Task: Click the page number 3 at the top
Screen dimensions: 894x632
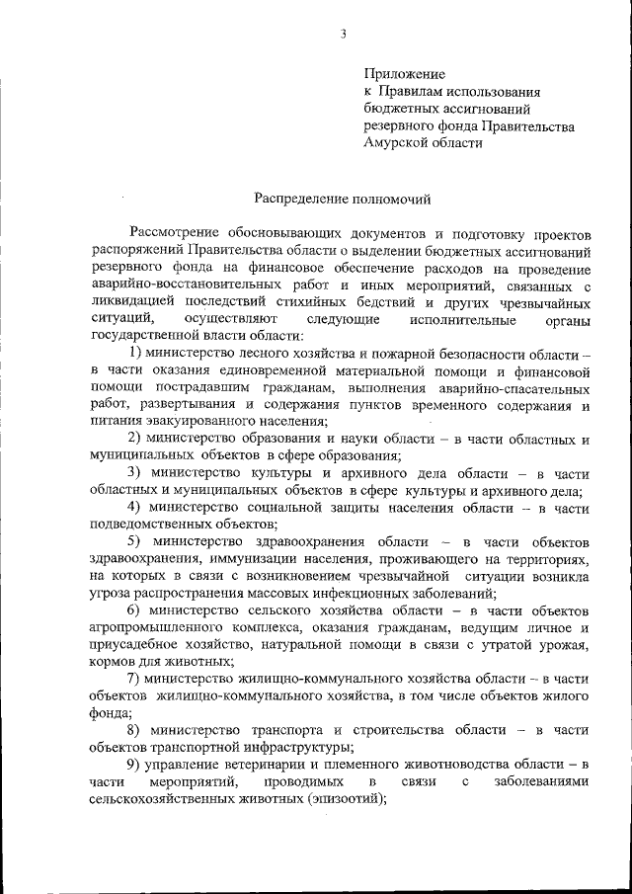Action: pyautogui.click(x=343, y=35)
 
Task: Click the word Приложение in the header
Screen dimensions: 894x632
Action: pyautogui.click(x=405, y=73)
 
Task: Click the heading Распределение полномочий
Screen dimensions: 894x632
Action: pyautogui.click(x=343, y=199)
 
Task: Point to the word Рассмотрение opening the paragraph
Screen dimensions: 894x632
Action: pyautogui.click(x=181, y=233)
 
